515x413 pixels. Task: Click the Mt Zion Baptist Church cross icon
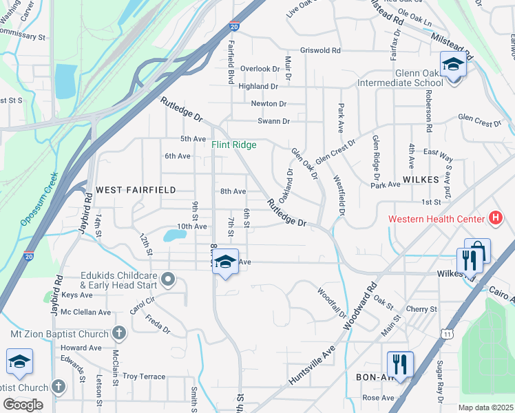tap(118, 335)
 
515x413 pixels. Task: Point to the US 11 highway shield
tap(447, 333)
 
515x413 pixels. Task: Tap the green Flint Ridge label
tap(233, 145)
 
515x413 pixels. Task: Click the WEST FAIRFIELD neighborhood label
tap(136, 189)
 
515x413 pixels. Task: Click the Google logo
tap(23, 404)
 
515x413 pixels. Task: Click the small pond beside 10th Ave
tap(174, 235)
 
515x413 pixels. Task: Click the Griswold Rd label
tap(320, 51)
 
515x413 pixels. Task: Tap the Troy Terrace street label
tap(144, 377)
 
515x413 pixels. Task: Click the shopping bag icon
tap(478, 251)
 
